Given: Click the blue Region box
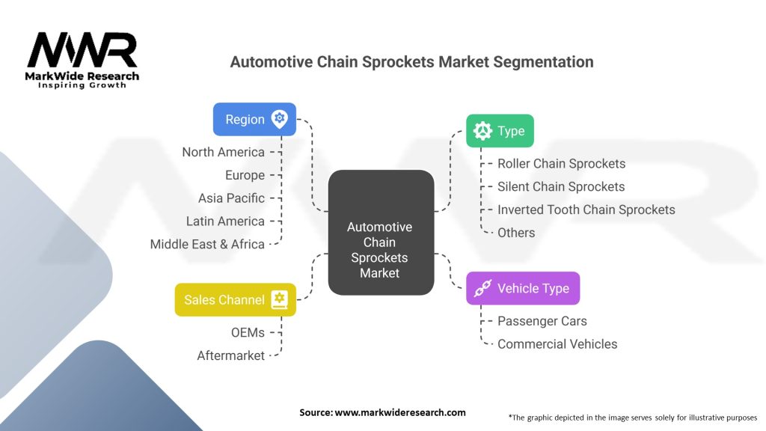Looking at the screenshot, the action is (x=254, y=119).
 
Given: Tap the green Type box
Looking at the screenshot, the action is (x=500, y=131).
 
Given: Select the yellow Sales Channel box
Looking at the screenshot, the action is (x=236, y=299).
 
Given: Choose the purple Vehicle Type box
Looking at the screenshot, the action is (x=523, y=288).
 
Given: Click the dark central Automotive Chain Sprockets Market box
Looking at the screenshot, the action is (x=381, y=233).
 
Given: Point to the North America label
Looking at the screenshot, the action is (x=223, y=152).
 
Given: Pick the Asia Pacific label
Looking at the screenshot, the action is (x=232, y=198).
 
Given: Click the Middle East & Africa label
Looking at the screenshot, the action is (x=207, y=244).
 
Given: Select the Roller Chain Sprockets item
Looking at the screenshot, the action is (x=561, y=164).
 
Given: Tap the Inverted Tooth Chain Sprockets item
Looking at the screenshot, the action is (x=586, y=210).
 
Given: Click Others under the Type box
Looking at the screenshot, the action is (x=516, y=233).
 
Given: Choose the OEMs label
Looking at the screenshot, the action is (x=248, y=332).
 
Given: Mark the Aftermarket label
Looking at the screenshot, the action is (x=230, y=355).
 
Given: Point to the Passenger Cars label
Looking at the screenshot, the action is (x=542, y=321).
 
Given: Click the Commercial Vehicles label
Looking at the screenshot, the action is (x=557, y=344).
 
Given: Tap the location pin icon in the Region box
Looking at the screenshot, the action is (x=280, y=119).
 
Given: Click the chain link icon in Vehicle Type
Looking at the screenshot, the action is (x=482, y=288).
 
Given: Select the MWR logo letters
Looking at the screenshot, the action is (x=82, y=49).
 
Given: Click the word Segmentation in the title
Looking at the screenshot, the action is (x=543, y=62).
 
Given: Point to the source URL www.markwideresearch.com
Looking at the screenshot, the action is (x=400, y=412).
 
